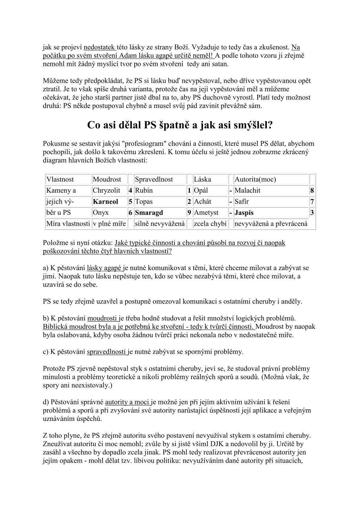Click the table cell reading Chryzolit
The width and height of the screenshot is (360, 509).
click(106, 191)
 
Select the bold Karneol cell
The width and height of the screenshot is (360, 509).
click(106, 202)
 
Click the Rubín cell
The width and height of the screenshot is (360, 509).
click(144, 191)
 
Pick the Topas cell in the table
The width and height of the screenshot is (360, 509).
click(144, 202)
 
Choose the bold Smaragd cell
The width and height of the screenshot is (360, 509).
click(149, 213)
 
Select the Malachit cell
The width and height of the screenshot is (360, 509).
click(247, 191)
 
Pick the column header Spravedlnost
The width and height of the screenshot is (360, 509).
click(154, 179)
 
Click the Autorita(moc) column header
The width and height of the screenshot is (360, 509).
click(255, 179)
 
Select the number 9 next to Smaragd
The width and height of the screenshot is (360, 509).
click(189, 213)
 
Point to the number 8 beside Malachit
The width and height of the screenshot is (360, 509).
click(312, 191)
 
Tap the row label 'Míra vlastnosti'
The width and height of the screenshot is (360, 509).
click(68, 224)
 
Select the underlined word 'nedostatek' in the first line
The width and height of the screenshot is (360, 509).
click(99, 47)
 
